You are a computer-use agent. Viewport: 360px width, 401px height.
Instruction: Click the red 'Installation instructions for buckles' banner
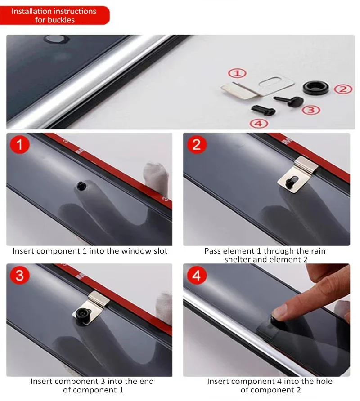tap(54, 15)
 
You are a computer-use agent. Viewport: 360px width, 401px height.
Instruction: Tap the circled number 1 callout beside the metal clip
tap(237, 73)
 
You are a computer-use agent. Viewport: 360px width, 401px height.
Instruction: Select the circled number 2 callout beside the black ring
tap(343, 89)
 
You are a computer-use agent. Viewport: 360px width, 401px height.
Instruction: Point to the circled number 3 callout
tap(311, 110)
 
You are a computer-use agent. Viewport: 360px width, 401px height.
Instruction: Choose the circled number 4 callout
tap(259, 124)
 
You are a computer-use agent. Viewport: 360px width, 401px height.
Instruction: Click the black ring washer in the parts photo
tap(315, 88)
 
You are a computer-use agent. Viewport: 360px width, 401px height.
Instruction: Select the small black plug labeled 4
tap(263, 111)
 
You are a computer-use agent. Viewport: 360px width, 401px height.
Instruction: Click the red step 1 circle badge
tap(20, 144)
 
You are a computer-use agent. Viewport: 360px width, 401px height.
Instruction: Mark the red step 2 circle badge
tap(197, 144)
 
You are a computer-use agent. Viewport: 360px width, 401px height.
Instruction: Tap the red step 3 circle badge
tap(20, 275)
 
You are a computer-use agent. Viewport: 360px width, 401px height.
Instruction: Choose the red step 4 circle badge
tap(197, 275)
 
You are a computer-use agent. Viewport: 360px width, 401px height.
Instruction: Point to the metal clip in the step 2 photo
tap(298, 175)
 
